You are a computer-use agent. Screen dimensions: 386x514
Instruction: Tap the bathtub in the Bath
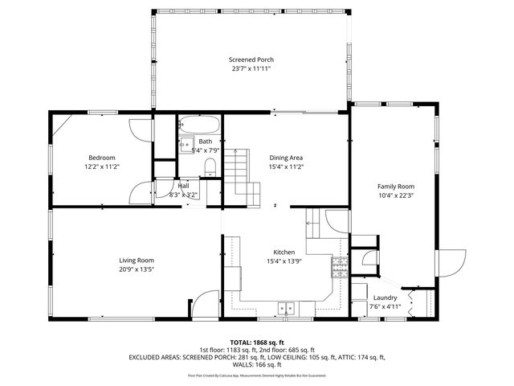pos(198,125)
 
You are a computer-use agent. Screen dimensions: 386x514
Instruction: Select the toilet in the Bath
pos(210,166)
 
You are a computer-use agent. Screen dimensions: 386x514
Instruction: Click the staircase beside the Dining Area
pos(239,173)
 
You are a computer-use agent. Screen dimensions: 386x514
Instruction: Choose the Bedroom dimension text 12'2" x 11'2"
pos(102,166)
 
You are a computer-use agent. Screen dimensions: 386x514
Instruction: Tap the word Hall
pos(184,186)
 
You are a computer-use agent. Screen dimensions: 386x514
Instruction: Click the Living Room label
pos(137,260)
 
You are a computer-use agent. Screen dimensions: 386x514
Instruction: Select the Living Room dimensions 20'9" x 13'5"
pos(137,269)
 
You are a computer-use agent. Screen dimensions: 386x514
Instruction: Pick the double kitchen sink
pos(285,307)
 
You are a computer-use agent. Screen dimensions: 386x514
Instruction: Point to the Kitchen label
pos(286,252)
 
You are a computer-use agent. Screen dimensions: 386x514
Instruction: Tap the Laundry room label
pos(385,297)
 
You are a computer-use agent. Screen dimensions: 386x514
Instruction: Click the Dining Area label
pos(286,158)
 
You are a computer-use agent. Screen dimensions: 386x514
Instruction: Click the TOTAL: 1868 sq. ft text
pos(257,343)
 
